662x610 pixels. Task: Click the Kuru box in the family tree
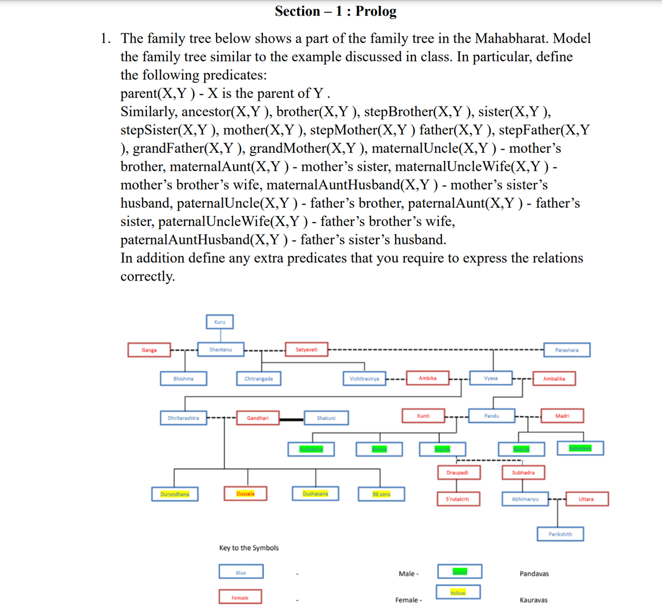pos(220,322)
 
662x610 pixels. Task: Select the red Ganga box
pos(149,350)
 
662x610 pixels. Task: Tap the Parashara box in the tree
pos(567,350)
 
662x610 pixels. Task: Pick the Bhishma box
pos(183,379)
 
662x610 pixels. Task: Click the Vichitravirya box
pos(364,379)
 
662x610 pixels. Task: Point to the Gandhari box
pos(258,418)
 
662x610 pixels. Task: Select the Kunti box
pos(423,416)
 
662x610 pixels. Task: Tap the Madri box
pos(562,416)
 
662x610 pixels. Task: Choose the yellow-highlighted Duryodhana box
pos(175,494)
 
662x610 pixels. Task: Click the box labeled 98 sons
pos(381,494)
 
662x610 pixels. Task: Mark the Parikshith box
pos(560,534)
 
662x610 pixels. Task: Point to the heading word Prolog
pos(376,11)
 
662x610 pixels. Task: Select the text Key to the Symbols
pos(249,548)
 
